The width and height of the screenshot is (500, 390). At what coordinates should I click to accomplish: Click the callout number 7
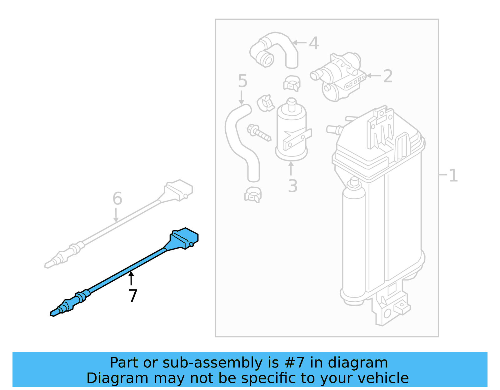point(133,296)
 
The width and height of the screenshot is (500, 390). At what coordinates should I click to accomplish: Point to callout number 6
point(117,199)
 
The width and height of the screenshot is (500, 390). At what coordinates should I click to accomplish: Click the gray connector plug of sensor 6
point(179,190)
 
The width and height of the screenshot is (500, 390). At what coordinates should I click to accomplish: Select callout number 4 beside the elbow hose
point(314,43)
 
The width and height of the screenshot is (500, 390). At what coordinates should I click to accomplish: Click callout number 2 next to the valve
point(387,76)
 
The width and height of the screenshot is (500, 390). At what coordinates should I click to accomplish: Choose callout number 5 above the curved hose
point(242,81)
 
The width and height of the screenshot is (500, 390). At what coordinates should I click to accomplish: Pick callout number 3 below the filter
point(292,186)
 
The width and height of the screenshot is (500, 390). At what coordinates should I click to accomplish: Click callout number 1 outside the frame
point(453,175)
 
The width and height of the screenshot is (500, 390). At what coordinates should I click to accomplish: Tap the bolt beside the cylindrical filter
point(258,132)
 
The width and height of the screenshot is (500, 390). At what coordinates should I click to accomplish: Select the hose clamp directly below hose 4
point(292,83)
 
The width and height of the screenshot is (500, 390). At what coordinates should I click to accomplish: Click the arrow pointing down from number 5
point(241,98)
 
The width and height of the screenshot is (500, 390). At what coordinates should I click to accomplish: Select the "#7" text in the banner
point(295,363)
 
